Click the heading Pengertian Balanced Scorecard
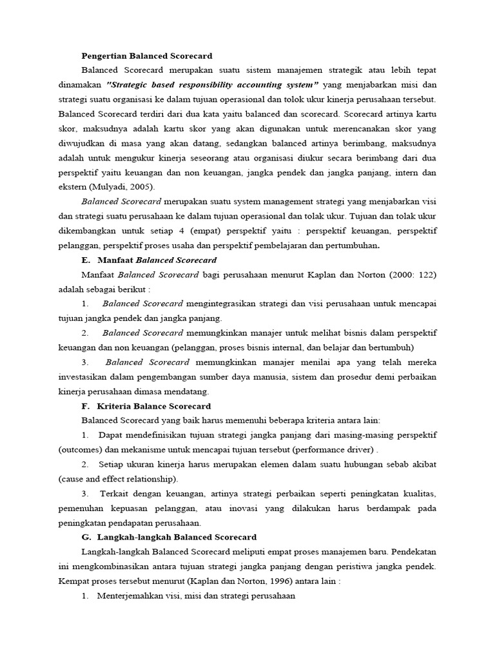[x=147, y=55]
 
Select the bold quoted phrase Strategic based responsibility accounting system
[x=213, y=85]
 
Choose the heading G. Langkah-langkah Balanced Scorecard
[x=169, y=537]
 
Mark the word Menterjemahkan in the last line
[x=126, y=596]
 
